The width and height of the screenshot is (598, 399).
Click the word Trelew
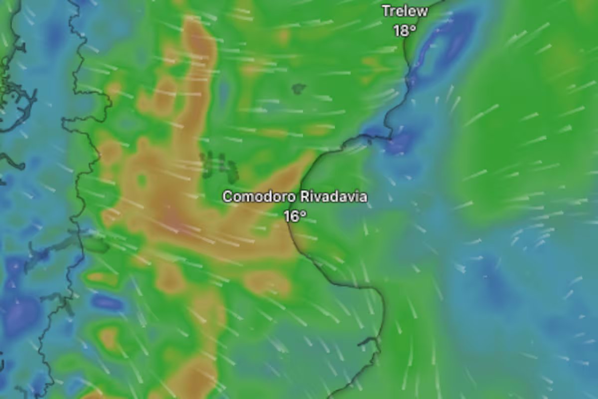405,11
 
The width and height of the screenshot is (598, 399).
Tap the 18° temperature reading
405,30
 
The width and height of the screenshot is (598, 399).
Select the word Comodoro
259,197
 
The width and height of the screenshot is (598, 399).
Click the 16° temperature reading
295,216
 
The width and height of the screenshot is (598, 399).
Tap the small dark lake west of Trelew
299,89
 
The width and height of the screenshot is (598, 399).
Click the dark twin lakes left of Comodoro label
219,166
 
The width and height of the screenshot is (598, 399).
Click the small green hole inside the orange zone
142,180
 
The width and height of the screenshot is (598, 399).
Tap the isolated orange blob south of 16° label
268,282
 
